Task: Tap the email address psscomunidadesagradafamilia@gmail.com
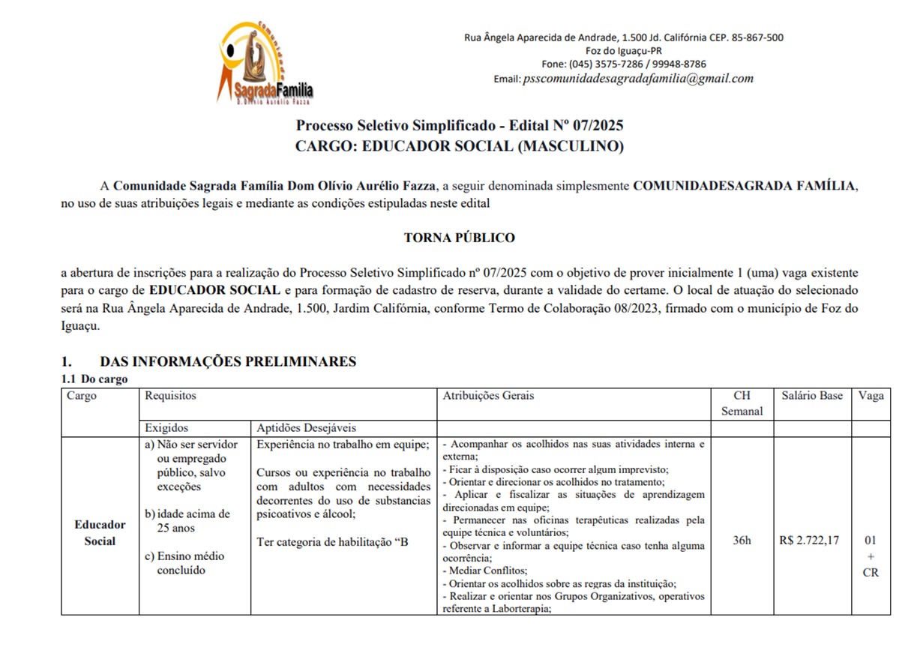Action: [638, 79]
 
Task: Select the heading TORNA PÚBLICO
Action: [460, 238]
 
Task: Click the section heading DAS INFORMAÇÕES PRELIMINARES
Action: [228, 361]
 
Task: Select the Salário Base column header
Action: [812, 396]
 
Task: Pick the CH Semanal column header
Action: [742, 403]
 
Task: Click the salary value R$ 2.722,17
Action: [810, 541]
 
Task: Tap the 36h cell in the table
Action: [742, 541]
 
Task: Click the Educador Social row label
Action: [100, 533]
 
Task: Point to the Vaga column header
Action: [871, 396]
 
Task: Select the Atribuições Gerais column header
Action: [488, 396]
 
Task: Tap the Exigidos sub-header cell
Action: [166, 428]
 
